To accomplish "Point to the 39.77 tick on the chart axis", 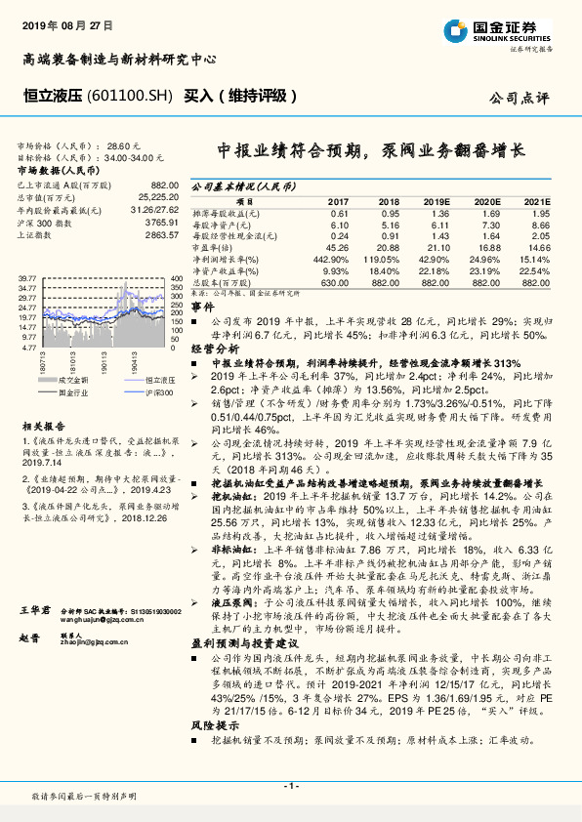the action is tap(27, 279).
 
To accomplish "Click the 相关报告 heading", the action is tap(40, 427).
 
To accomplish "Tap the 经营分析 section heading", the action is tap(214, 347).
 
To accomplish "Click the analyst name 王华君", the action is tap(34, 607).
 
